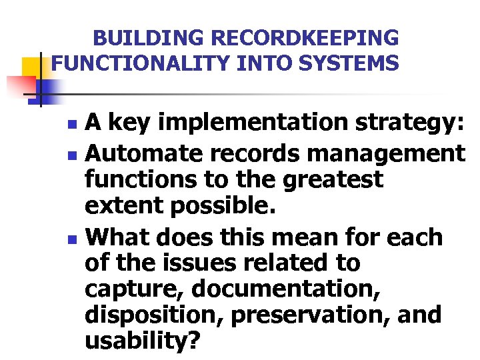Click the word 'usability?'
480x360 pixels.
click(x=142, y=342)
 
